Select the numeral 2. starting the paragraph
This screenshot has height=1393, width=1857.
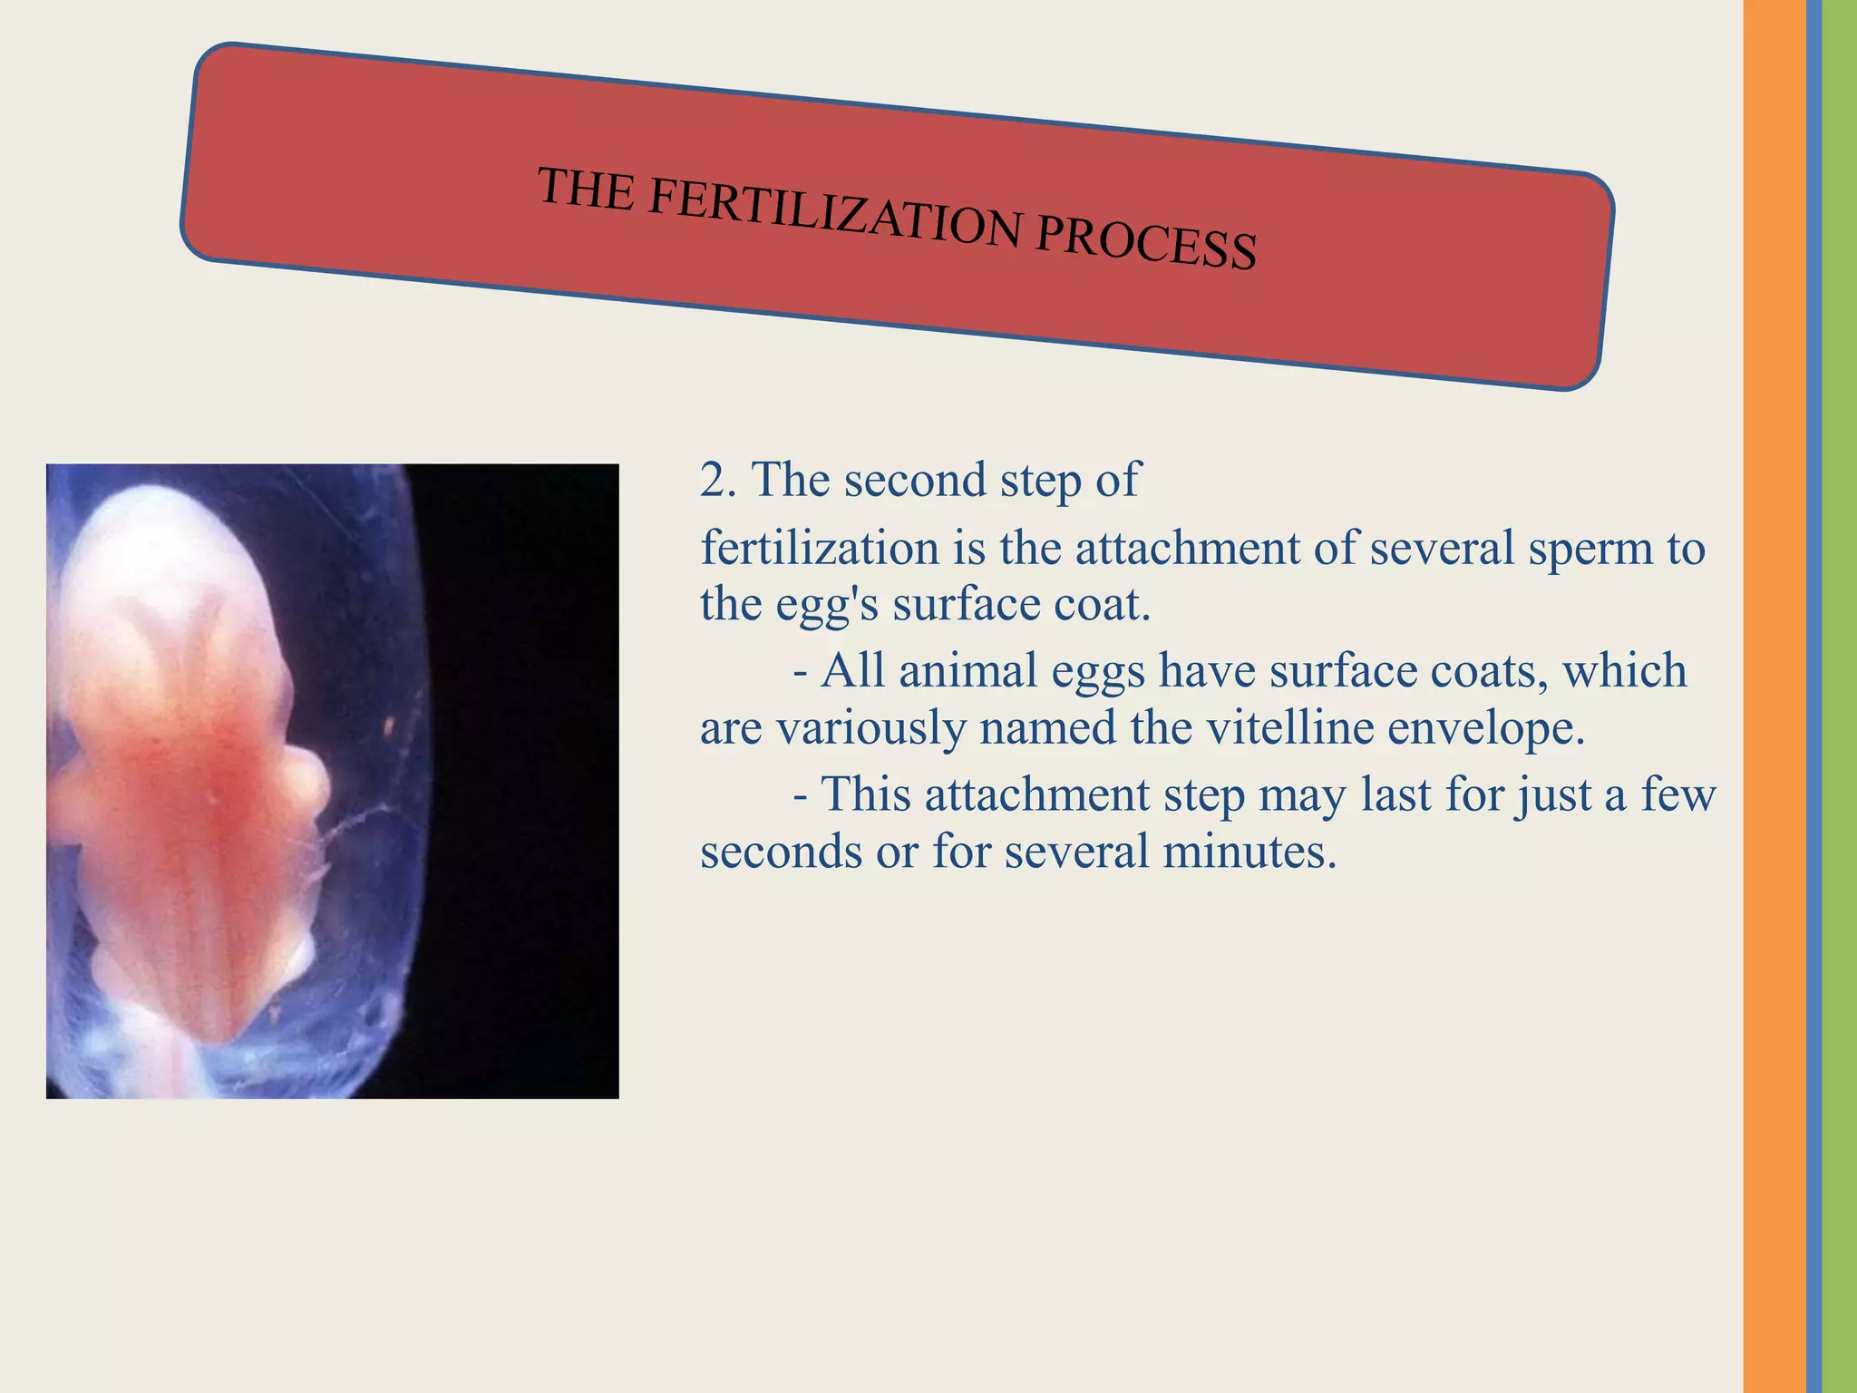718,481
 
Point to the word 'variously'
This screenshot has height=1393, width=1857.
871,729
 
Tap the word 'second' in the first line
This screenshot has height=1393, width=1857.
915,480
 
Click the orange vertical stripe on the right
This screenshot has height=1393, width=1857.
1774,696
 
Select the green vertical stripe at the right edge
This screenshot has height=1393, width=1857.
1839,696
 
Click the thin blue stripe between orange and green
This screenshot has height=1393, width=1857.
1813,696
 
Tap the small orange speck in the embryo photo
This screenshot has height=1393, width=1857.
389,726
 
